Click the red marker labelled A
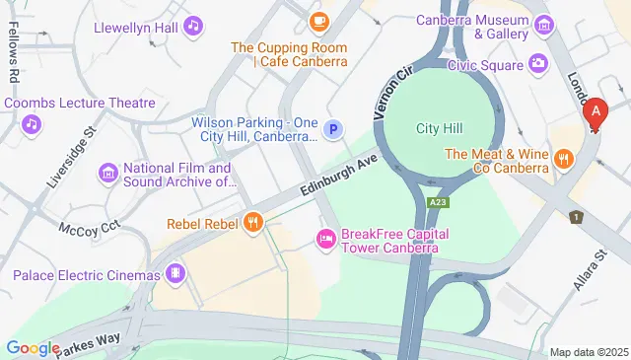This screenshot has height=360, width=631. coord(596,114)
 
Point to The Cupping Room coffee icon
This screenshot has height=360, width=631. coord(317,20)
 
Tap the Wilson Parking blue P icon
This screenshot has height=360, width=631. coord(334,128)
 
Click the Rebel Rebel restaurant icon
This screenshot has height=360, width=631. coord(253,223)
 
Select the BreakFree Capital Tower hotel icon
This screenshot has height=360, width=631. coord(324,238)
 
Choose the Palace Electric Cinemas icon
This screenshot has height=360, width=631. coord(175,272)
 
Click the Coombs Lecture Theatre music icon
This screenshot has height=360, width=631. coord(32,123)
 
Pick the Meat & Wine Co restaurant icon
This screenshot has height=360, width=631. coord(563,158)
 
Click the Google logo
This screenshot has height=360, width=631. coord(33,347)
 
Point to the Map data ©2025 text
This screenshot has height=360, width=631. coord(588,352)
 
